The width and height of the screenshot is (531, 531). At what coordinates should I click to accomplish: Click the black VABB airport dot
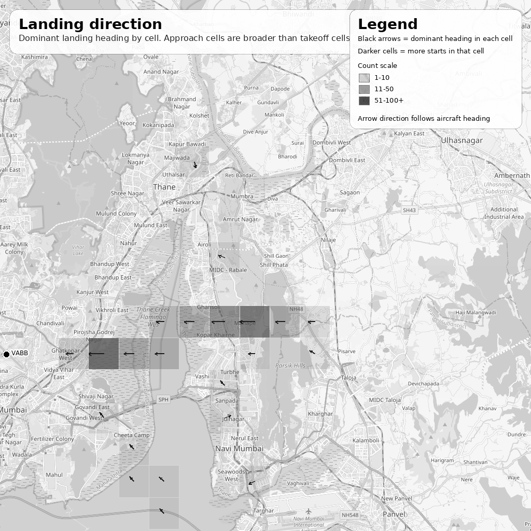pyautogui.click(x=6, y=354)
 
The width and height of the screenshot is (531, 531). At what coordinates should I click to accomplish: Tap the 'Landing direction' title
pyautogui.click(x=90, y=24)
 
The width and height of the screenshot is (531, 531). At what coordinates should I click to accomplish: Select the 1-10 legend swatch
pyautogui.click(x=364, y=78)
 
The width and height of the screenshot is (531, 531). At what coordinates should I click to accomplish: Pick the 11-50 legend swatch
pyautogui.click(x=364, y=89)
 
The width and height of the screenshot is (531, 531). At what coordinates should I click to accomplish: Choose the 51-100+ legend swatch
pyautogui.click(x=364, y=101)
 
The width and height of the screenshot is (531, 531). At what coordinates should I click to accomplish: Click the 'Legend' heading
pyautogui.click(x=387, y=24)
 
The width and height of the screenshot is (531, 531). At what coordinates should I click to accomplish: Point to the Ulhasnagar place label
pyautogui.click(x=462, y=141)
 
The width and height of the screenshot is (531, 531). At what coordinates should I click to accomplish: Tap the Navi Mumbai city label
pyautogui.click(x=239, y=449)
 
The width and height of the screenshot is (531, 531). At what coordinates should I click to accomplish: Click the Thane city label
pyautogui.click(x=164, y=187)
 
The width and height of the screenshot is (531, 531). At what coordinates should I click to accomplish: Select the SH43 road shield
pyautogui.click(x=409, y=211)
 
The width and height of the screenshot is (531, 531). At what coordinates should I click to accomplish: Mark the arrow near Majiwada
pyautogui.click(x=195, y=165)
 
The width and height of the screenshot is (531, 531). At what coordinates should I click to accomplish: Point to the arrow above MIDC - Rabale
pyautogui.click(x=221, y=256)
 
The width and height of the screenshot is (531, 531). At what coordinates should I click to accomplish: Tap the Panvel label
pyautogui.click(x=394, y=514)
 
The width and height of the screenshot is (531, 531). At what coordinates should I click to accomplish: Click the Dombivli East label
pyautogui.click(x=347, y=160)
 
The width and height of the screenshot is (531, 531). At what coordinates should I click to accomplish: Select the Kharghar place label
pyautogui.click(x=320, y=414)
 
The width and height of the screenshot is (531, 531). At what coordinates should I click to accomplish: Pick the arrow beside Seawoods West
pyautogui.click(x=251, y=483)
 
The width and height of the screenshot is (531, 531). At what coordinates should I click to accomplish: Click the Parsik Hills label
pyautogui.click(x=290, y=366)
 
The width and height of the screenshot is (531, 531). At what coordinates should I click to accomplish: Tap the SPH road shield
pyautogui.click(x=163, y=399)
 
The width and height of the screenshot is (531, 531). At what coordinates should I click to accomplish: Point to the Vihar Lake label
pyautogui.click(x=78, y=250)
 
